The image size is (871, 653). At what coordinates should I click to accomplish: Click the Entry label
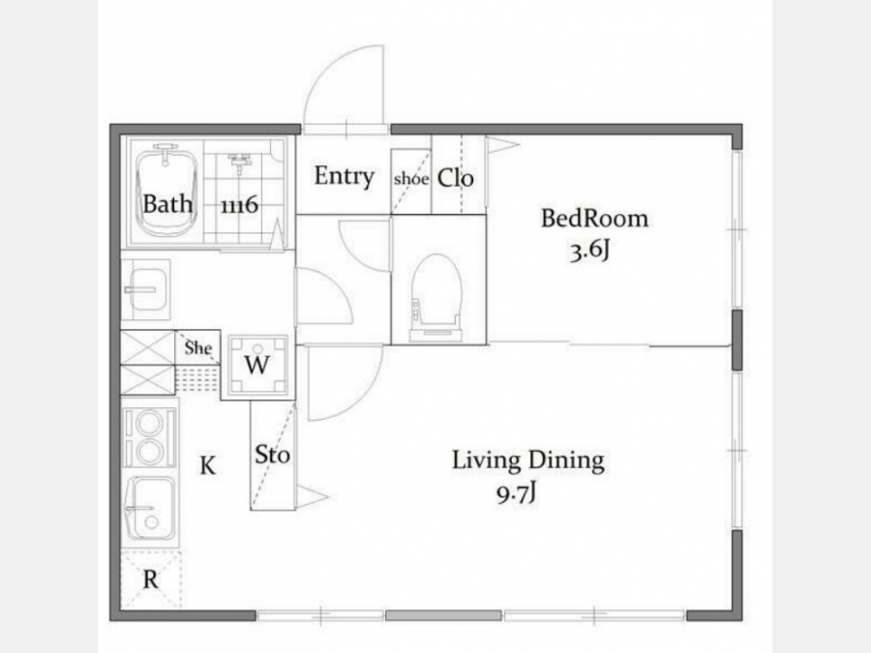click(x=344, y=177)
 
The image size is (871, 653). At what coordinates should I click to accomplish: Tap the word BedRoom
click(x=594, y=219)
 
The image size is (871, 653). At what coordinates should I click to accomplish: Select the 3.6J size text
click(x=589, y=252)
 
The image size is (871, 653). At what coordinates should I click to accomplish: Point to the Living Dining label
click(x=527, y=460)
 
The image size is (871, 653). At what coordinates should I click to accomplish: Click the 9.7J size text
click(x=516, y=493)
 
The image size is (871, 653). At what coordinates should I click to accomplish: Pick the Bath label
click(x=167, y=204)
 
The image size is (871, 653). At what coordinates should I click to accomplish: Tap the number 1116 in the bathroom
click(x=239, y=205)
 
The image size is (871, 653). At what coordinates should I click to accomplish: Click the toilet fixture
click(x=436, y=298)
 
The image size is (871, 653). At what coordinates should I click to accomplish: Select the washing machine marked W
click(x=257, y=365)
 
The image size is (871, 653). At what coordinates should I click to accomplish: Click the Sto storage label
click(x=272, y=455)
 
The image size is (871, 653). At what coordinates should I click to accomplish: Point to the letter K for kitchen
click(x=208, y=465)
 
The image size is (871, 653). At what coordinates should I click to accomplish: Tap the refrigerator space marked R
click(x=151, y=579)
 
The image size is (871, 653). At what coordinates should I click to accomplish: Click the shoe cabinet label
click(x=411, y=179)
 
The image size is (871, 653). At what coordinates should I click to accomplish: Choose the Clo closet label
click(x=456, y=178)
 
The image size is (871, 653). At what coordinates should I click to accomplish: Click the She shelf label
click(x=198, y=348)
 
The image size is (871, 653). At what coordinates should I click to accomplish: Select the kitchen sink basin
click(x=151, y=511)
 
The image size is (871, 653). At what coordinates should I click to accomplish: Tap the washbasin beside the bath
click(x=145, y=289)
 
